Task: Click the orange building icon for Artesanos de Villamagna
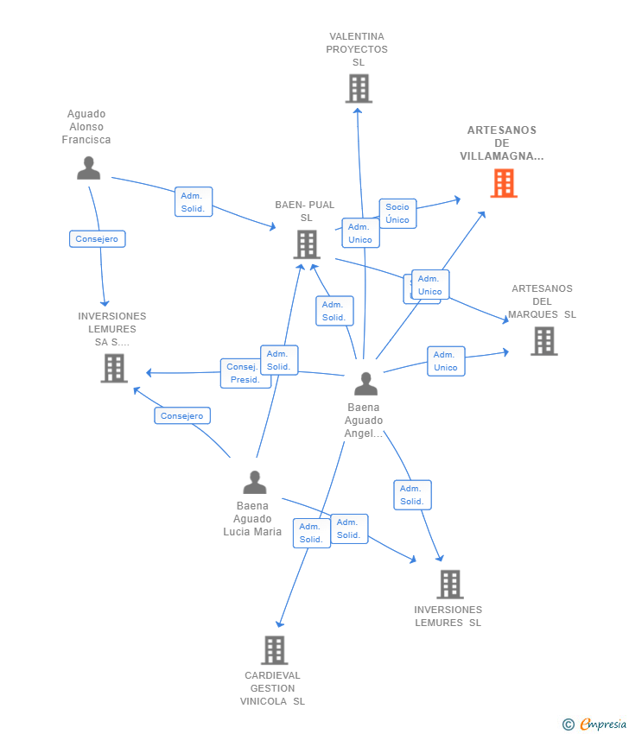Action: point(504,183)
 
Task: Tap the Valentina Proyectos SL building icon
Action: point(359,88)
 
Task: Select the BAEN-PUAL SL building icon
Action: point(307,244)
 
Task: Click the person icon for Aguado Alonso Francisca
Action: point(88,168)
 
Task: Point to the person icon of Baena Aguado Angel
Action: point(365,384)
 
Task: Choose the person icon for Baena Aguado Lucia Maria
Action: point(255,482)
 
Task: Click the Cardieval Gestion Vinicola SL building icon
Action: point(275,650)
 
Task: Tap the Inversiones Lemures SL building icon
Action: point(450,585)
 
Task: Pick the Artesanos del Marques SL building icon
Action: point(544,341)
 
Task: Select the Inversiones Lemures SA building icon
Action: point(114,369)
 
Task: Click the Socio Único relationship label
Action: point(397,213)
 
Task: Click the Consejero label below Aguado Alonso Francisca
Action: point(98,238)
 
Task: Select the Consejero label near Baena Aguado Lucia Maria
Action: point(182,415)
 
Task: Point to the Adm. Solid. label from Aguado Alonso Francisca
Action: point(194,202)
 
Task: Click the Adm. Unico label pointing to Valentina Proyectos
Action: point(360,232)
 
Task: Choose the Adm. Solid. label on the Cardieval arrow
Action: point(311,533)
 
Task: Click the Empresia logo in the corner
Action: point(594,724)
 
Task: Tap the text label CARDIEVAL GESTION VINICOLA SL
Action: point(272,688)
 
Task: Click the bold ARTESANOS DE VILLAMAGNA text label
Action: point(502,143)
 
